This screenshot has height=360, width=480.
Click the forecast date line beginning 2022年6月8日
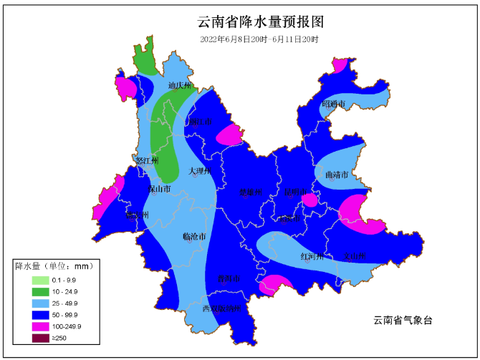[x=259, y=39]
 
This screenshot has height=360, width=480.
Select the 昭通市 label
[x=333, y=104]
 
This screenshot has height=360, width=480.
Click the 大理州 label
[x=200, y=171]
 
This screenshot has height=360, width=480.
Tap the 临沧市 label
[x=194, y=236]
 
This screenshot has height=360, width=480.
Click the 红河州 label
[x=312, y=256]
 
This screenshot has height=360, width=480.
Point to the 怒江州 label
[x=146, y=161]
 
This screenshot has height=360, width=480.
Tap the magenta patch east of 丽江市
[x=229, y=134]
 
